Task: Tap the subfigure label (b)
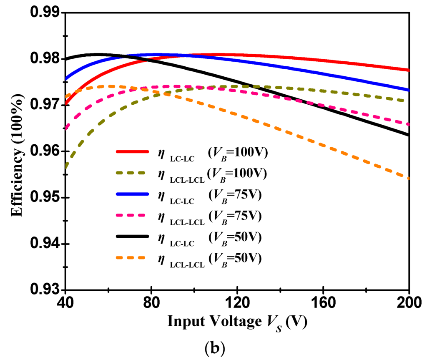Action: [214, 349]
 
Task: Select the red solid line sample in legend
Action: [132, 153]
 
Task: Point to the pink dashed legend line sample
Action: [132, 216]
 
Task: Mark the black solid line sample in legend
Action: [132, 237]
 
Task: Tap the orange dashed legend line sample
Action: [132, 258]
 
